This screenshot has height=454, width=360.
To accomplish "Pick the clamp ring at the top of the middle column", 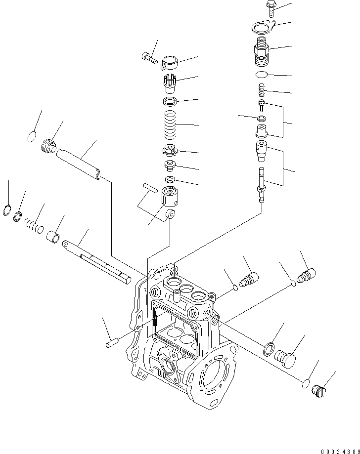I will [x=170, y=62].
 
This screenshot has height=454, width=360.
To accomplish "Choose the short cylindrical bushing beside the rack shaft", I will [x=53, y=235].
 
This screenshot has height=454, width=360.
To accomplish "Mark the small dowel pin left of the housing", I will [x=111, y=342].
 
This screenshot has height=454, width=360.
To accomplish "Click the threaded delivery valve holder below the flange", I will [x=261, y=53].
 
